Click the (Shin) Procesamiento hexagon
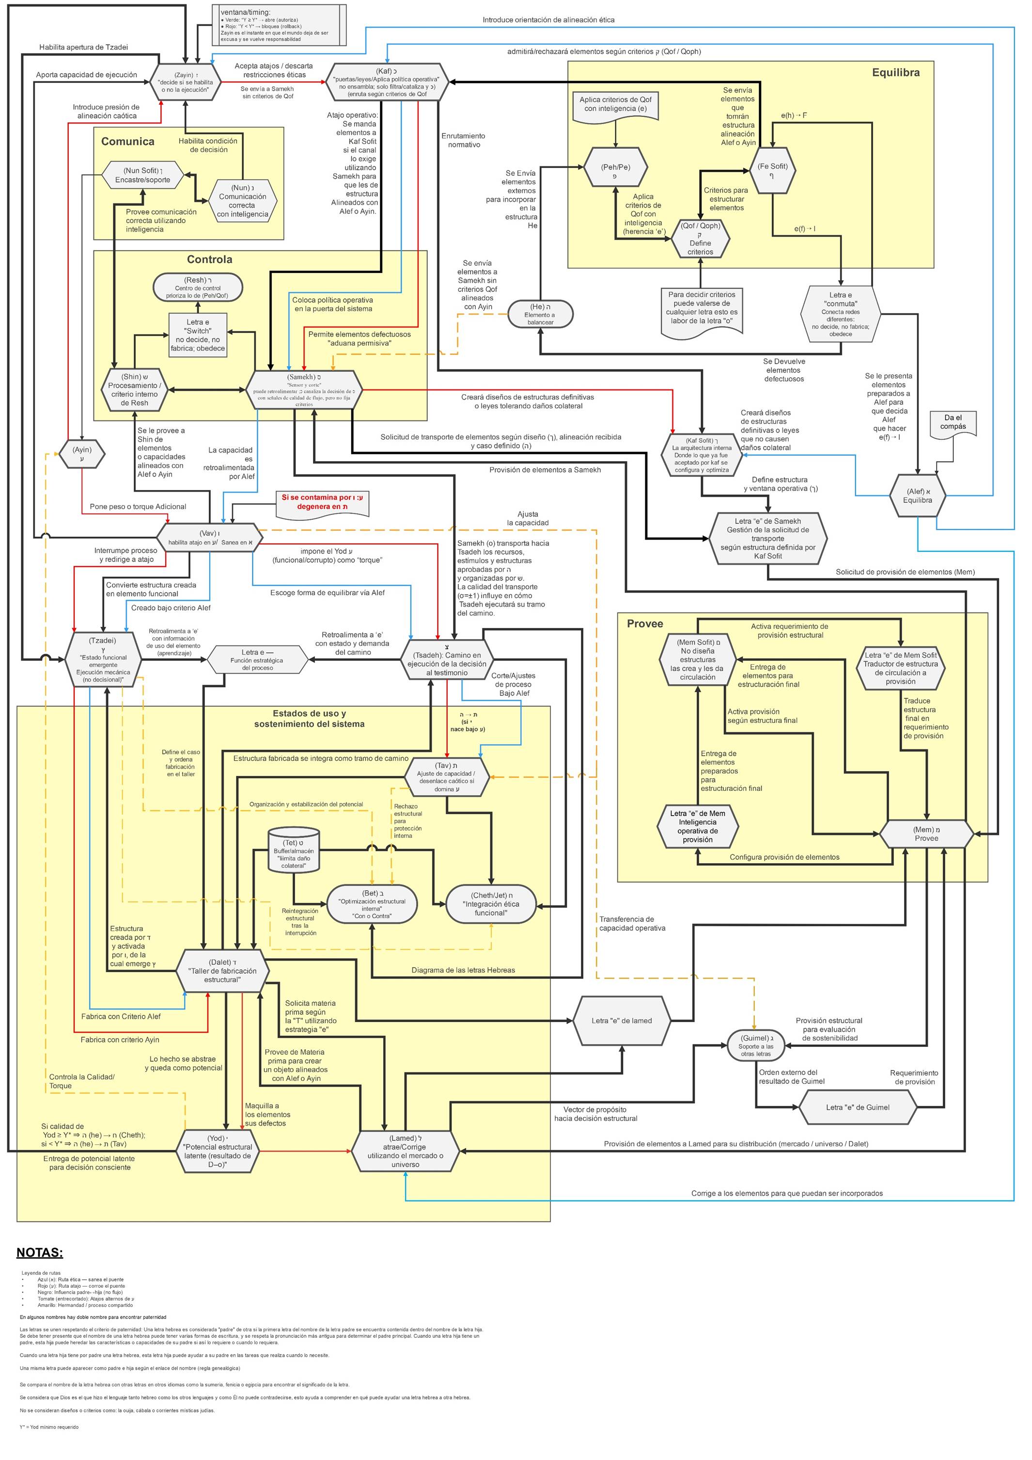pyautogui.click(x=134, y=390)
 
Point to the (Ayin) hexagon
pyautogui.click(x=81, y=454)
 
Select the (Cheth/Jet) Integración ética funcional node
pyautogui.click(x=491, y=904)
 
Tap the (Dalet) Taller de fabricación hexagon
pyautogui.click(x=222, y=971)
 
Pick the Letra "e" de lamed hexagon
pyautogui.click(x=622, y=1021)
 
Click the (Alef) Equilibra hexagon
pyautogui.click(x=918, y=496)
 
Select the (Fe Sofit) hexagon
pyautogui.click(x=772, y=170)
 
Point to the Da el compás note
pyautogui.click(x=953, y=423)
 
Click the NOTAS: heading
pyautogui.click(x=39, y=1252)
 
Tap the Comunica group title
pyautogui.click(x=128, y=141)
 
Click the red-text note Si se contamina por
pyautogui.click(x=322, y=502)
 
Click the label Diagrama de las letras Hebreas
pyautogui.click(x=463, y=970)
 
